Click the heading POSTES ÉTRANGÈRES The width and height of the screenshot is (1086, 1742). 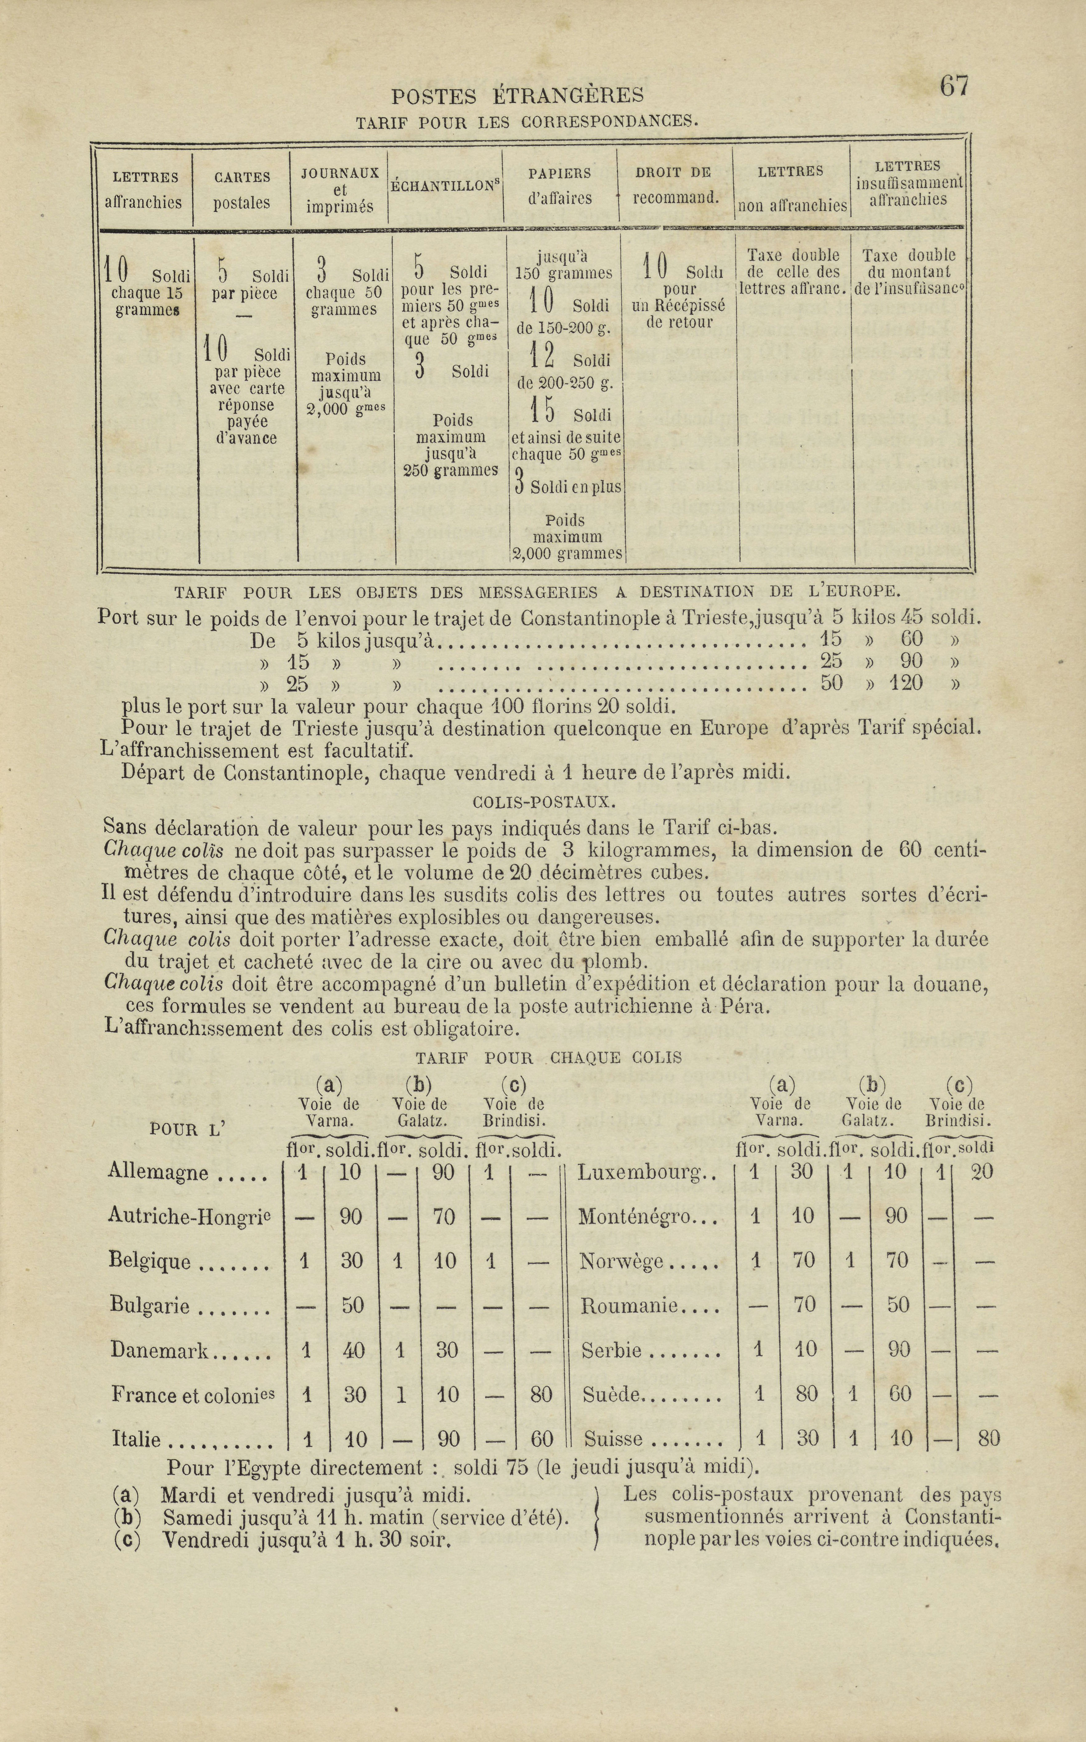pyautogui.click(x=517, y=96)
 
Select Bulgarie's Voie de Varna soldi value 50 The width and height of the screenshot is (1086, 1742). pyautogui.click(x=352, y=1305)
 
